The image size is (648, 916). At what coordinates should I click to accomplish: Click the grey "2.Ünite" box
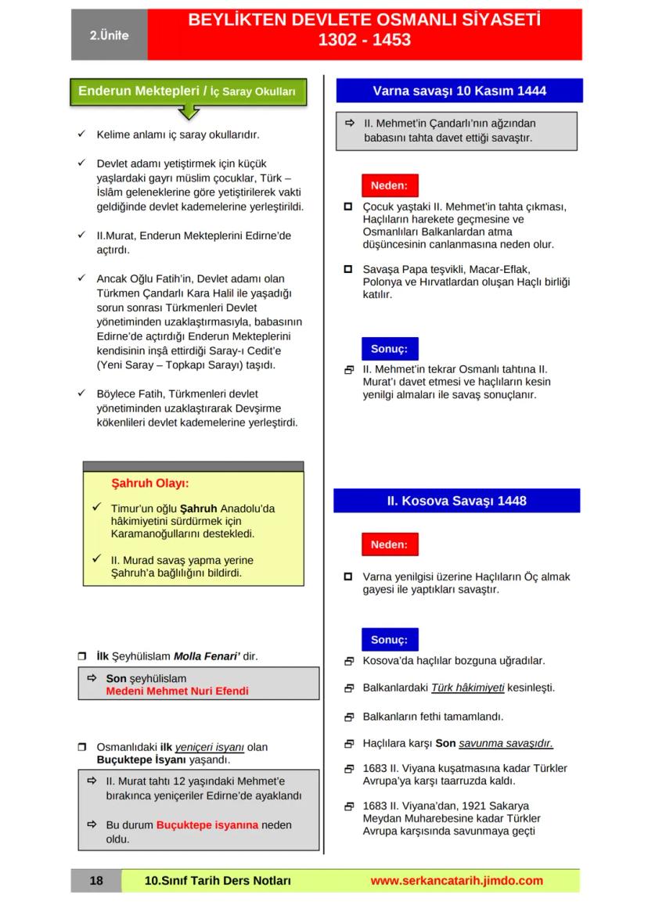[x=109, y=35]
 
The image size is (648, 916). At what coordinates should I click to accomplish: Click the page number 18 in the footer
[x=96, y=881]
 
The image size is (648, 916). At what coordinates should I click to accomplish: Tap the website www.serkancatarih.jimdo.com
[x=456, y=881]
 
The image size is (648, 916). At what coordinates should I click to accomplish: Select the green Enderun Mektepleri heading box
[x=188, y=92]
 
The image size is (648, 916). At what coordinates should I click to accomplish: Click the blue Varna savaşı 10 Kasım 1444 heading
[x=459, y=91]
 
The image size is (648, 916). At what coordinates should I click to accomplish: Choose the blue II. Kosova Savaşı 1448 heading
[x=457, y=501]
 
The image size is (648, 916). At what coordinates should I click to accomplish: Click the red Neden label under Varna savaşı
[x=389, y=186]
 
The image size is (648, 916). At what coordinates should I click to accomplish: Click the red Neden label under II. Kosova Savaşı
[x=389, y=544]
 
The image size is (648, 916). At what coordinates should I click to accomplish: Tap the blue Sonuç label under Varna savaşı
[x=389, y=348]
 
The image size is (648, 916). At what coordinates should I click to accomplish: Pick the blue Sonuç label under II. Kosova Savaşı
[x=389, y=640]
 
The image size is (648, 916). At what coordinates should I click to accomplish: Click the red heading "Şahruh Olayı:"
[x=150, y=483]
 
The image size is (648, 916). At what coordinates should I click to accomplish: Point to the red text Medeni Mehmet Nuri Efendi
[x=177, y=691]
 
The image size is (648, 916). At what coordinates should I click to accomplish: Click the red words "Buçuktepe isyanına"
[x=207, y=824]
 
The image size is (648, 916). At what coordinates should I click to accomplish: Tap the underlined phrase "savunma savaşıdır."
[x=506, y=743]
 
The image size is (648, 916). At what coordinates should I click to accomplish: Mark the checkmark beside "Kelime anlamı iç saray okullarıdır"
[x=81, y=135]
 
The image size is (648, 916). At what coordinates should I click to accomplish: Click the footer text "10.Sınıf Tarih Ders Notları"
[x=218, y=881]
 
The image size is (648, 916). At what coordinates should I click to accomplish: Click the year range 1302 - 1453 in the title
[x=364, y=40]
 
